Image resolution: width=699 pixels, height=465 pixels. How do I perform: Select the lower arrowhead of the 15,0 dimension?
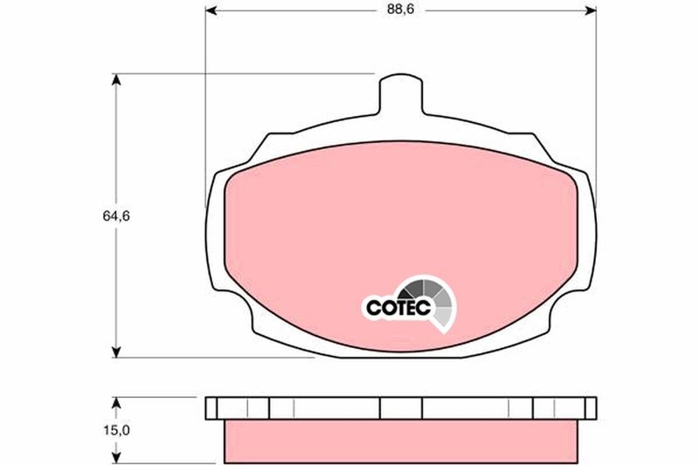tap(115, 456)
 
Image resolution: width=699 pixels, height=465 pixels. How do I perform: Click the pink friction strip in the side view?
tap(402, 435)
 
